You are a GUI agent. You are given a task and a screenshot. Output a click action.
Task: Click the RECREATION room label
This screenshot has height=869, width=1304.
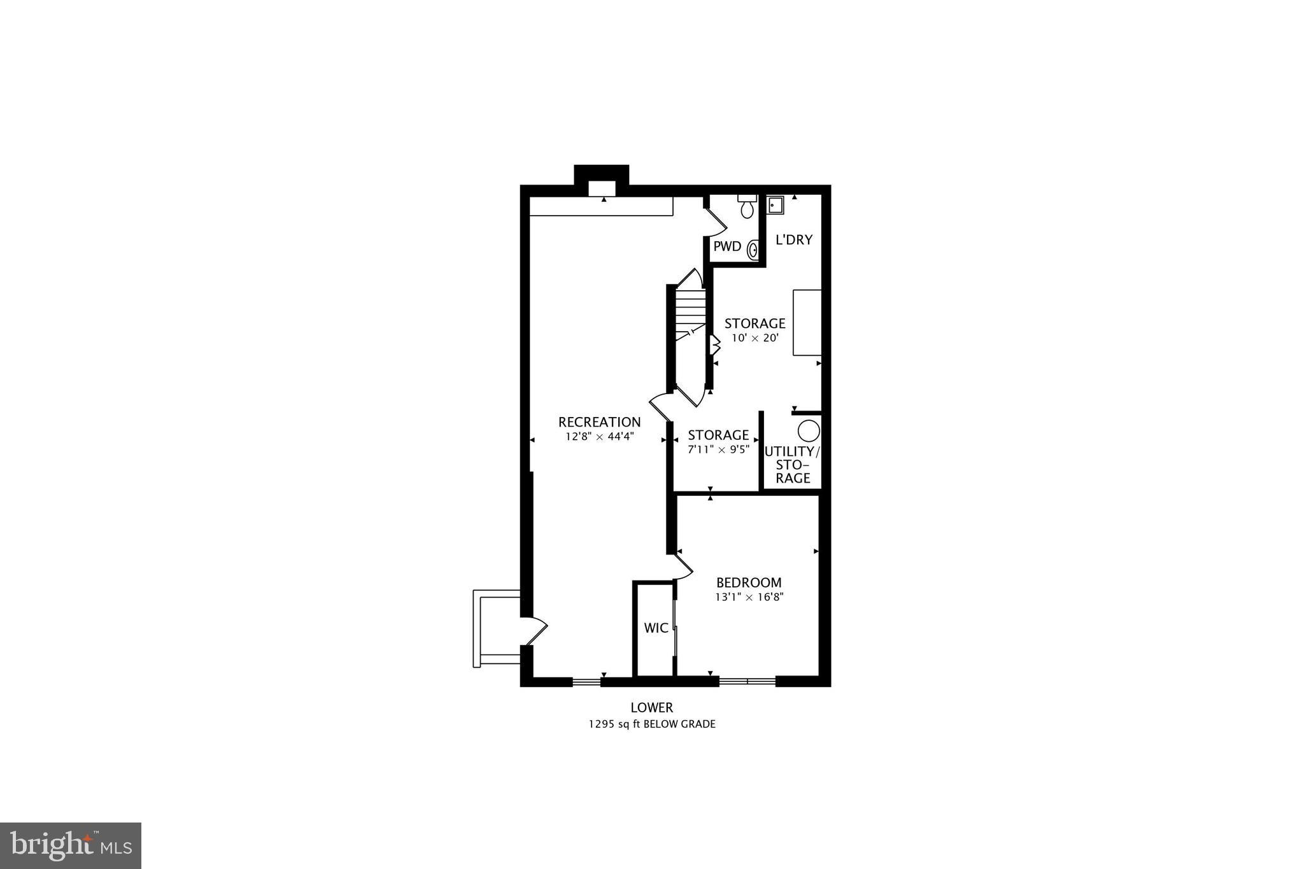click(599, 422)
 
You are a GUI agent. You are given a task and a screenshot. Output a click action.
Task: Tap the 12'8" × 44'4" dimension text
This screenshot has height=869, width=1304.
click(599, 437)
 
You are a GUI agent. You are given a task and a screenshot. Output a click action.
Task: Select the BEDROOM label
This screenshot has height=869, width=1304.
click(749, 583)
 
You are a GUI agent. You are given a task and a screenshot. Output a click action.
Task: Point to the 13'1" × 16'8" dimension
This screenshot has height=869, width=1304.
click(749, 597)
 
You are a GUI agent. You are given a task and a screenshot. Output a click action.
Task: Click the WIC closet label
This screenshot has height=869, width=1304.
click(656, 628)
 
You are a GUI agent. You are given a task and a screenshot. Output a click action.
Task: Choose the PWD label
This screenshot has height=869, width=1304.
click(727, 246)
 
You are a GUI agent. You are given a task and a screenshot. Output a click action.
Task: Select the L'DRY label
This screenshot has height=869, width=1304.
click(794, 240)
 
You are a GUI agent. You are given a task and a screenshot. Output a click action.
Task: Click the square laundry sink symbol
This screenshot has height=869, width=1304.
click(775, 205)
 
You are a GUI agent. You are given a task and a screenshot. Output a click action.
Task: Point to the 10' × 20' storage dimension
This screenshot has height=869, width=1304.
click(755, 338)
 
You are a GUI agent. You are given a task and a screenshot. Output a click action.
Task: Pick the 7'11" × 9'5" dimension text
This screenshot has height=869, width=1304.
click(718, 449)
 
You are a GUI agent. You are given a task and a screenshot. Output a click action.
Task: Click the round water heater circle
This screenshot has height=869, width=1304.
click(809, 431)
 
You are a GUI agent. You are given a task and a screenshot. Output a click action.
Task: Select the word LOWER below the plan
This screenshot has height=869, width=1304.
click(651, 707)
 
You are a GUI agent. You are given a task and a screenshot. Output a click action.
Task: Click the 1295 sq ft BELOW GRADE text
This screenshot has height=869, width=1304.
click(651, 724)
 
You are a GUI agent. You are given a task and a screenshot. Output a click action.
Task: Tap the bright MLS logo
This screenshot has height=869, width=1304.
click(71, 845)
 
